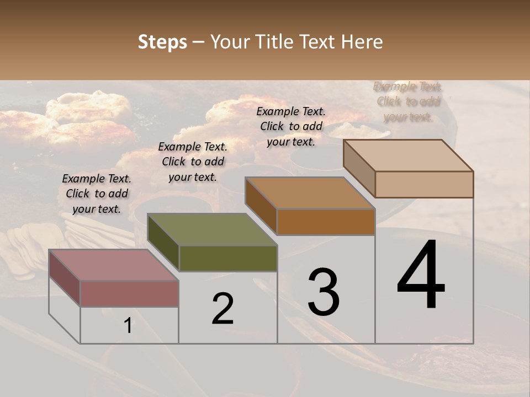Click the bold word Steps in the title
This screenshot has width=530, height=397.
[x=162, y=42]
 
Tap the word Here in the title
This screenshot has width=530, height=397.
[x=361, y=42]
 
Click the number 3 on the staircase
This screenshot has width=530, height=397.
[x=324, y=292]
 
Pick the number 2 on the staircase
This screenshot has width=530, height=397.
[x=222, y=309]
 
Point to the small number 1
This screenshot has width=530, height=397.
[x=128, y=325]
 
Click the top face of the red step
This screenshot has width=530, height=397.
[x=113, y=265]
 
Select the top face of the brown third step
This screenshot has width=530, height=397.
[x=309, y=193]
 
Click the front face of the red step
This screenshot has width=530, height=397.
[x=129, y=293]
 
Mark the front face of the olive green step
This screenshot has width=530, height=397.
[x=228, y=258]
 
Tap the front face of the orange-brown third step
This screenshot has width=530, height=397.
[x=326, y=222]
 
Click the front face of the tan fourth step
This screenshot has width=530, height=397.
[x=424, y=184]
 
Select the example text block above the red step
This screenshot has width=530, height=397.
[x=97, y=194]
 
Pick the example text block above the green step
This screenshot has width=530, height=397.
[x=193, y=162]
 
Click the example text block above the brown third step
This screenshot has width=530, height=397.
[x=291, y=126]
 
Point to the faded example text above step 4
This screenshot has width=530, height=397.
[x=408, y=101]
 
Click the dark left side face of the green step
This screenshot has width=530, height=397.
[x=163, y=243]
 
